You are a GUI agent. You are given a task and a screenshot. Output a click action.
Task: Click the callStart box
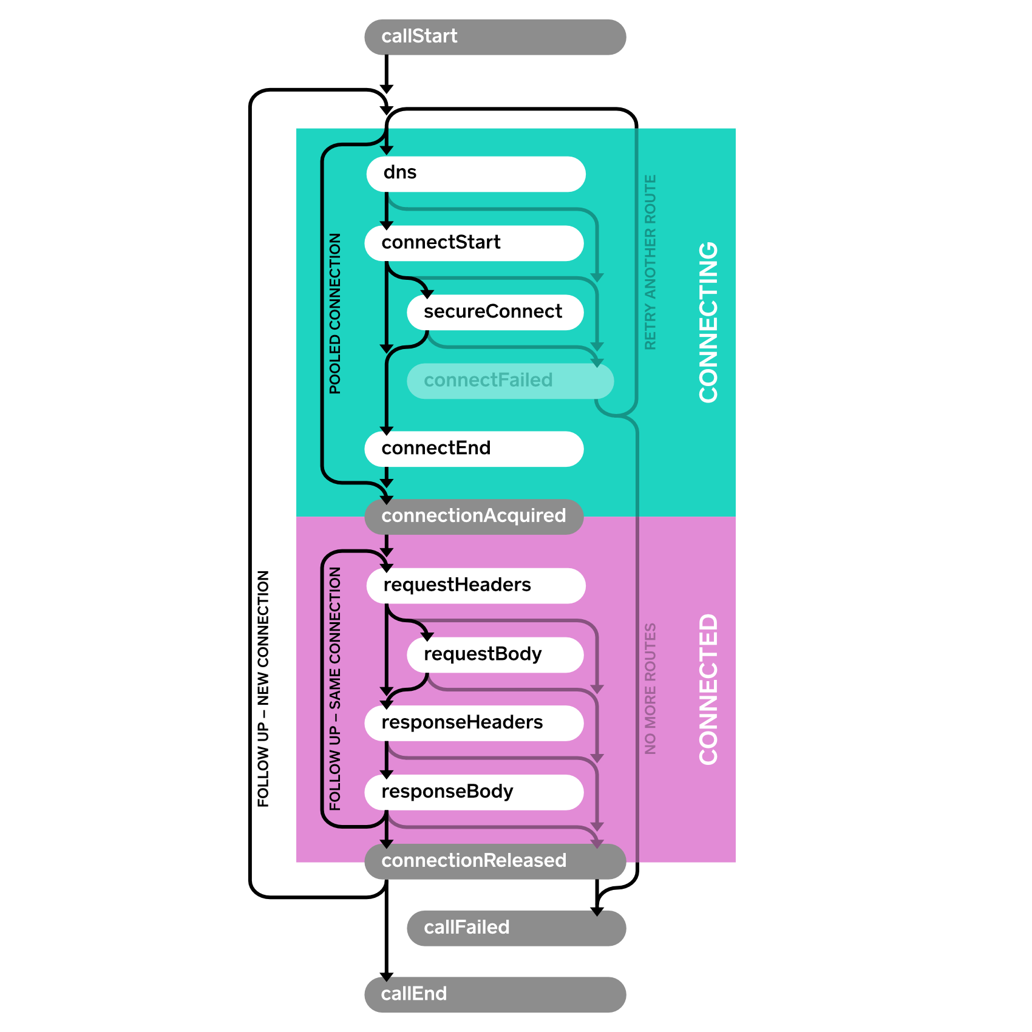point(495,37)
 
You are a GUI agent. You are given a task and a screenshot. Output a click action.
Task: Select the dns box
point(476,174)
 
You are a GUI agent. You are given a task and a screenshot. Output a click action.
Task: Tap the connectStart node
point(474,243)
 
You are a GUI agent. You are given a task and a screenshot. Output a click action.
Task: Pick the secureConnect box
point(495,313)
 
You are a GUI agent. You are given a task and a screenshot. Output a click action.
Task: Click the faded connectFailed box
point(510,381)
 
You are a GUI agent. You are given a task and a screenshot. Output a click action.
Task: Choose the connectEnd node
point(474,449)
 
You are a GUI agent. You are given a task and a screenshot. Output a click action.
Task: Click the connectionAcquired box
point(474,517)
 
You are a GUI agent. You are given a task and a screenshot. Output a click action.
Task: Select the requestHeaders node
point(476,586)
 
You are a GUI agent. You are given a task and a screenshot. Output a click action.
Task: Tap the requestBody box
point(495,655)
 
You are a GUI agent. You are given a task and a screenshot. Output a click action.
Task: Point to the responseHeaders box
point(474,723)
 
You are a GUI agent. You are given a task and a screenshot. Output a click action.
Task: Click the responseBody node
point(474,792)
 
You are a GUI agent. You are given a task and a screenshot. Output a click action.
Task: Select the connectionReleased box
point(495,861)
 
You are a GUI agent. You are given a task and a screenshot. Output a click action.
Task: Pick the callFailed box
point(516,928)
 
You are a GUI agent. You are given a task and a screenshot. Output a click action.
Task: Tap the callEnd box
point(495,995)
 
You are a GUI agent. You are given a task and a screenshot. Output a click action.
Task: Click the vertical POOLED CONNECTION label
point(335,313)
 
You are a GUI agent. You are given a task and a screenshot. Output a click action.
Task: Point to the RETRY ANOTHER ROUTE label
point(650,262)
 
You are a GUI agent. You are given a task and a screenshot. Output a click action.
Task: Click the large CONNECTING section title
point(708,322)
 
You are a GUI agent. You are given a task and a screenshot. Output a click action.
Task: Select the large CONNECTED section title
point(708,689)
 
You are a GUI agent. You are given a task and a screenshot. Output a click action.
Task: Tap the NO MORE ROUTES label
point(650,688)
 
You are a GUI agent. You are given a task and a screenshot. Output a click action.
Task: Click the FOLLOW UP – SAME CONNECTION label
point(335,688)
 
